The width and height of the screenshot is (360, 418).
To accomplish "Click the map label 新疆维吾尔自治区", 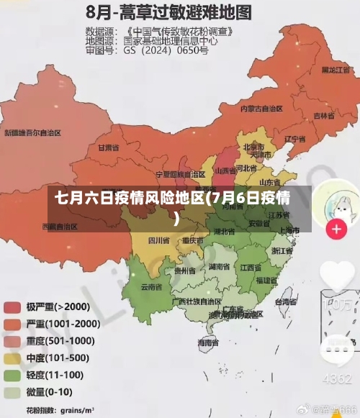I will pos(33,132).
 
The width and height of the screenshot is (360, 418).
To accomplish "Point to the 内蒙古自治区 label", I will pos(261,109).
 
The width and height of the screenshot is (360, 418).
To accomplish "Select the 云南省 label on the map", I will pos(150,286).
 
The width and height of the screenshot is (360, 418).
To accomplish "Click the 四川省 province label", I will pos(158,240).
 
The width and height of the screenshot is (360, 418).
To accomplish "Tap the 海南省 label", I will pos(207,344).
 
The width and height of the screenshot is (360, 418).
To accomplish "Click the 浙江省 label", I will pos(282,251).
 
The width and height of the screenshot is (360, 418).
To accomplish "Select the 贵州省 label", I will pos(185,271).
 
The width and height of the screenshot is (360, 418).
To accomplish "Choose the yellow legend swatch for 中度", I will pos(12,358).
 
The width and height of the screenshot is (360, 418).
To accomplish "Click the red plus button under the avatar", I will pos(336,230).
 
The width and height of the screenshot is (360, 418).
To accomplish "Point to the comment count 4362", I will pos(336,378).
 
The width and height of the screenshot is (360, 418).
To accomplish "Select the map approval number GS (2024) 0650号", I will pos(166,51).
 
